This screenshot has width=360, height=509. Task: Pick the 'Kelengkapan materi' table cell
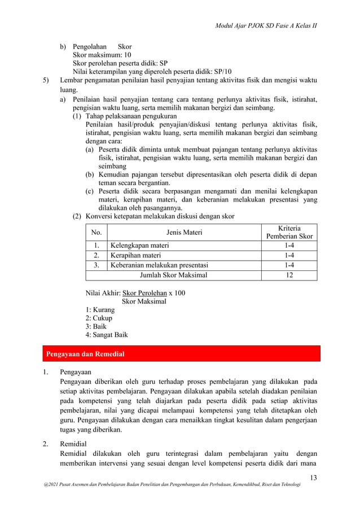tap(139, 245)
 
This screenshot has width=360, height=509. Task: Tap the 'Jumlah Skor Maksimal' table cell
tap(173, 275)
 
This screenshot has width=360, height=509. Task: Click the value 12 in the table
tap(289, 275)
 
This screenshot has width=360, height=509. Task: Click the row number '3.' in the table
tap(96, 265)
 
